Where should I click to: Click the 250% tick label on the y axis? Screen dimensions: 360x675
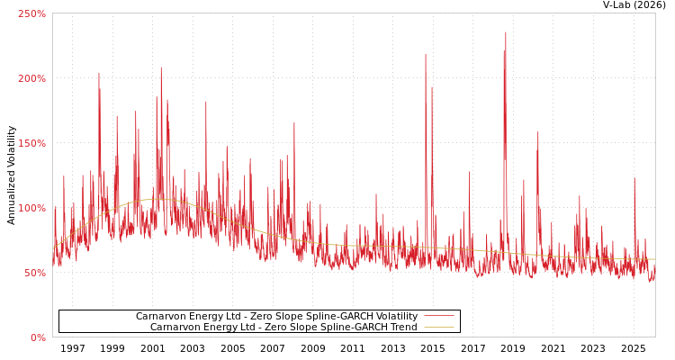[x=31, y=13]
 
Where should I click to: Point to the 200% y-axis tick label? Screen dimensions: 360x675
[x=31, y=78]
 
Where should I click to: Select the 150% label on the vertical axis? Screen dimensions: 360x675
[x=31, y=143]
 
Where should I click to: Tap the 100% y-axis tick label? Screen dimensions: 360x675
[x=31, y=208]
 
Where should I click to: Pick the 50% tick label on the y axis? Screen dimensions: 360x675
[x=34, y=273]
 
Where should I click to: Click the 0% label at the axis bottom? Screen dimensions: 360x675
[x=38, y=337]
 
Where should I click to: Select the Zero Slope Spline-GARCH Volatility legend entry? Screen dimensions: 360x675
[x=276, y=317]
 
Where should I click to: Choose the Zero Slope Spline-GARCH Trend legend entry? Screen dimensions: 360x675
[x=283, y=328]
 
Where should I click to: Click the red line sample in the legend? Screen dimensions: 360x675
[x=438, y=317]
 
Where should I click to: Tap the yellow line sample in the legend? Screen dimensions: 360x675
[x=438, y=328]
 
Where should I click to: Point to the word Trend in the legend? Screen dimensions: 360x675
[x=402, y=328]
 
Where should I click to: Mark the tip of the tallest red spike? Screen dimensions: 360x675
[x=506, y=32]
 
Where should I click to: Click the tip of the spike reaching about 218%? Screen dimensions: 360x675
[x=426, y=55]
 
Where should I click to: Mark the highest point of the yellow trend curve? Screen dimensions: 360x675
[x=156, y=199]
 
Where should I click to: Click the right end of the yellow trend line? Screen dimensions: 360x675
[x=654, y=259]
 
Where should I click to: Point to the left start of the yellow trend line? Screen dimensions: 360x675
[x=53, y=247]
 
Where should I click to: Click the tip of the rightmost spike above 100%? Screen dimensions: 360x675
[x=634, y=178]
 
